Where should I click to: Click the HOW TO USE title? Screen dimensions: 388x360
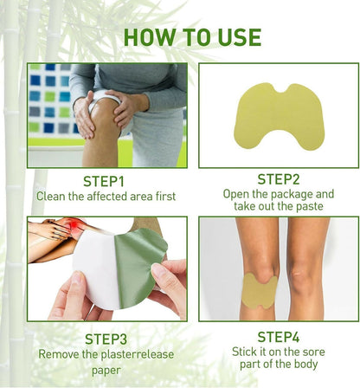[192, 36]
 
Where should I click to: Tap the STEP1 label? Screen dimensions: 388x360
[105, 181]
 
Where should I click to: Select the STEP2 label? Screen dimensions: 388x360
[278, 179]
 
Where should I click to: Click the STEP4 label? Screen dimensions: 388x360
[278, 336]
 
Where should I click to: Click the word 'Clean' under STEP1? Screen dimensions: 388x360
[51, 197]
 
